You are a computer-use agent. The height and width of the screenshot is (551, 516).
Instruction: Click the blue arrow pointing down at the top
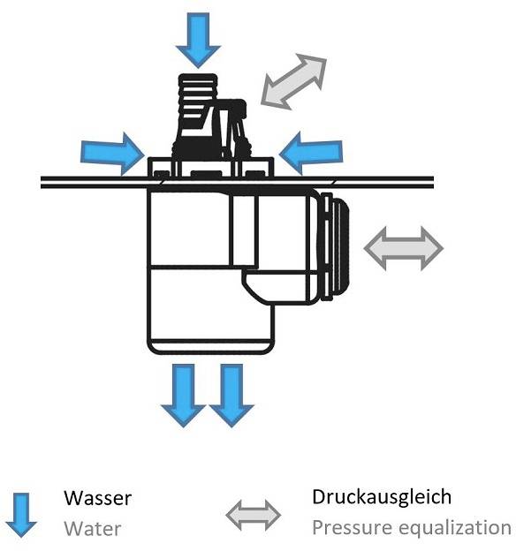(197, 38)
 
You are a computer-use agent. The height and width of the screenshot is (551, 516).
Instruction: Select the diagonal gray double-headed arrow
(294, 82)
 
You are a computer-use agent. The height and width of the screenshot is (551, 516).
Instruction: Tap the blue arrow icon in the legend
(21, 513)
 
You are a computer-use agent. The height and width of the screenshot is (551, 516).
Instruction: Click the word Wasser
(97, 498)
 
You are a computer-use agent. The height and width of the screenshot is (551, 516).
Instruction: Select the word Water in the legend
(92, 529)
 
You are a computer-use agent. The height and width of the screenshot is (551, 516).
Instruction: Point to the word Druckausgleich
(382, 496)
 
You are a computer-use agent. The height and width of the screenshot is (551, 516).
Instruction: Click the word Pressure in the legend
(348, 528)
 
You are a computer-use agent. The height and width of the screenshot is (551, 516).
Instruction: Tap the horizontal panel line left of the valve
(88, 182)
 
